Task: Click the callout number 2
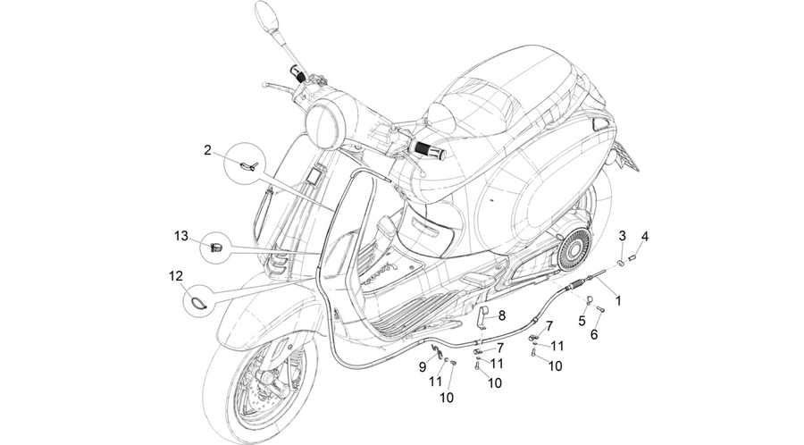click(x=207, y=150)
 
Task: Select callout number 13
click(x=181, y=236)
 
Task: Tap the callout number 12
click(x=176, y=276)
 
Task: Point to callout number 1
click(x=618, y=300)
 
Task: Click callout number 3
click(x=623, y=236)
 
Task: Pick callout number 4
click(x=645, y=236)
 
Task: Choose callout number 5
click(x=582, y=321)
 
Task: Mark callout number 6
click(x=594, y=335)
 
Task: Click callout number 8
click(x=502, y=315)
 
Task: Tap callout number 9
click(x=423, y=366)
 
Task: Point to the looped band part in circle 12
click(x=197, y=303)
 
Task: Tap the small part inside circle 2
click(x=249, y=165)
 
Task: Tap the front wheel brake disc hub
click(x=265, y=381)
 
